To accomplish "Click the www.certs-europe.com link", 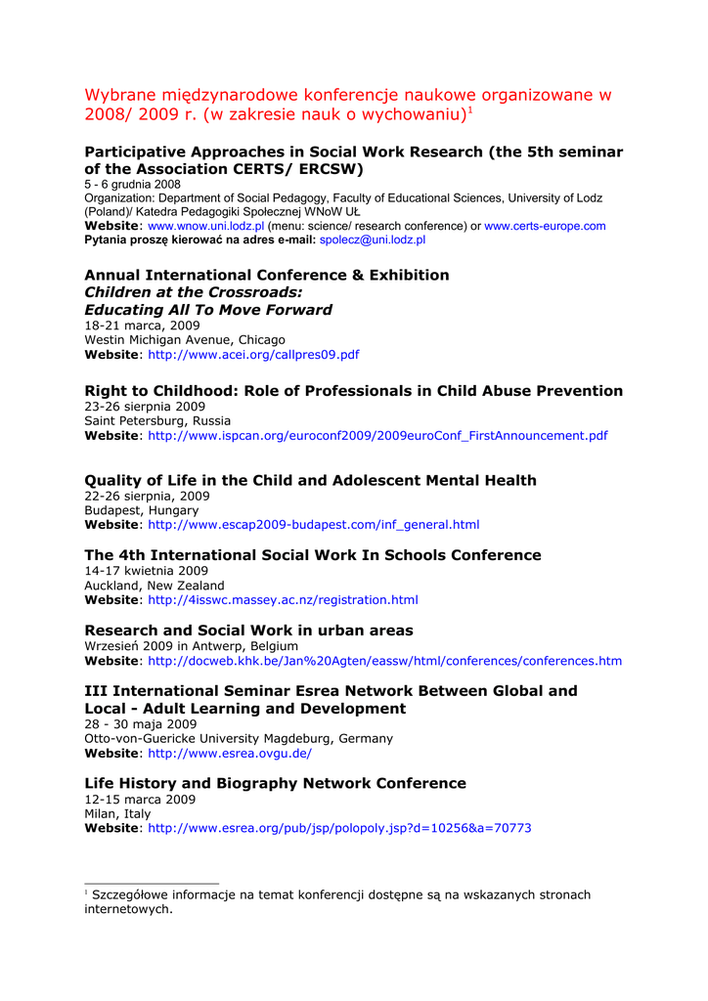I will click(545, 226).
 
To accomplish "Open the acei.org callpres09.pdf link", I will click(253, 355).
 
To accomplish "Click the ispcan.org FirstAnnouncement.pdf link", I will click(377, 436).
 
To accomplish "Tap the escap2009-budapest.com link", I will click(313, 525).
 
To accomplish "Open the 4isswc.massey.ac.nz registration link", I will click(283, 600).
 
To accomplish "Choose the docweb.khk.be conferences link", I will click(384, 661).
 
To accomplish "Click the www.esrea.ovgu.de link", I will click(230, 754).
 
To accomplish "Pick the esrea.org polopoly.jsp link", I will click(339, 828).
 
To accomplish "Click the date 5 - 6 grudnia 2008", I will click(132, 184).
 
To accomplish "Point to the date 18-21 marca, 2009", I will click(142, 326).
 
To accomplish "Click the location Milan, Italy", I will click(117, 813).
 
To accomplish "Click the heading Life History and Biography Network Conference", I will click(275, 783).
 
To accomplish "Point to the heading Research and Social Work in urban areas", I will click(248, 631).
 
